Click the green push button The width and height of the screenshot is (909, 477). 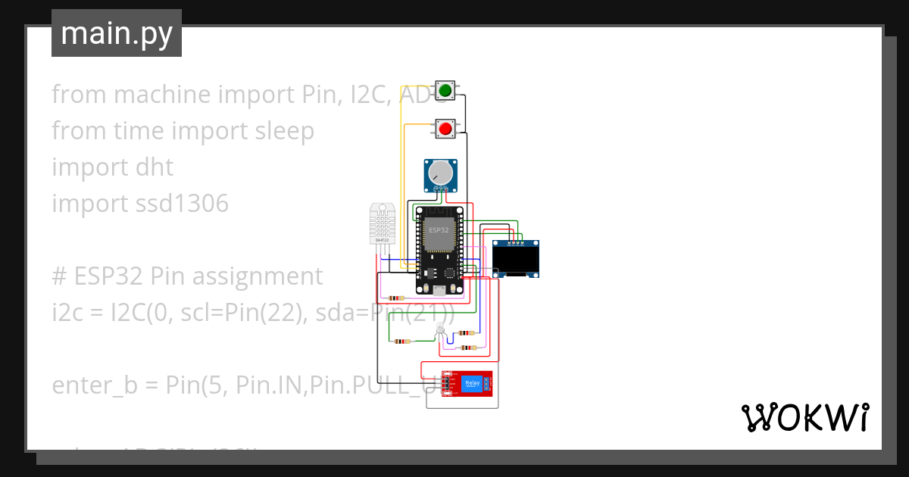[445, 91]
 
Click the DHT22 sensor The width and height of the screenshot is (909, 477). [383, 223]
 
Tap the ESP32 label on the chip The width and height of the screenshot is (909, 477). [439, 229]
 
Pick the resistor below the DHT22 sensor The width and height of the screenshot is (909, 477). [395, 298]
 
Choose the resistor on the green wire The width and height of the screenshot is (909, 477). [401, 341]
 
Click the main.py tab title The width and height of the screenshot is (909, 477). [117, 33]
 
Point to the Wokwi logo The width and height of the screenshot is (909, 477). [804, 417]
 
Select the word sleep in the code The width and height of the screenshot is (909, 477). [280, 131]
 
